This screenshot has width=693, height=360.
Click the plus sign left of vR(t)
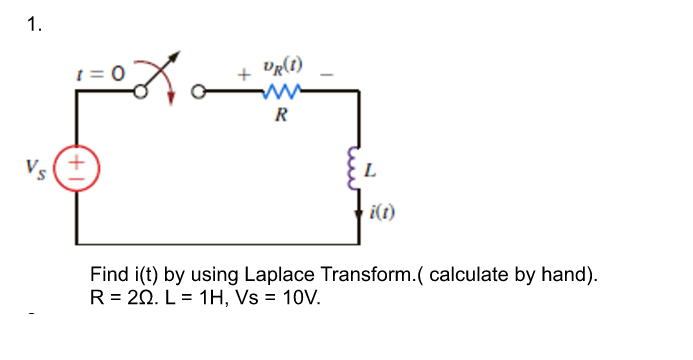tap(242, 75)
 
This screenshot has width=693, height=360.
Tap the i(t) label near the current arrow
tap(381, 211)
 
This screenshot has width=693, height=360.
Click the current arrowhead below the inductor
tap(358, 209)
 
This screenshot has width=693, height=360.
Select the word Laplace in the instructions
tap(265, 275)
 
